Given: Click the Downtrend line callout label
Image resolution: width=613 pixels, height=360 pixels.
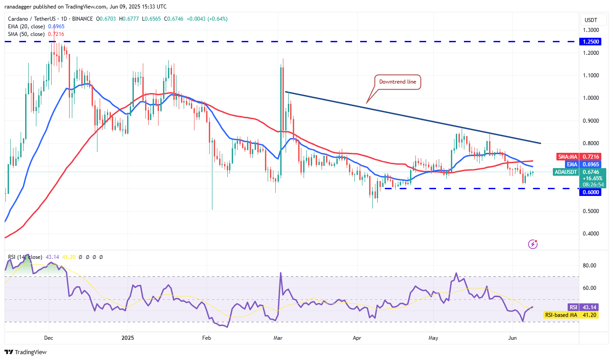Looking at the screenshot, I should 398,82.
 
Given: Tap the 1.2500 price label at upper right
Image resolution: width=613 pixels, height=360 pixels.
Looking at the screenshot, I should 591,41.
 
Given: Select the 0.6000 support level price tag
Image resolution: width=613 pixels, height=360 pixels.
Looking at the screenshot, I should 591,192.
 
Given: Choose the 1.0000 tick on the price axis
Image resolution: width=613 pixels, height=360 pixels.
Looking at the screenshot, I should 591,98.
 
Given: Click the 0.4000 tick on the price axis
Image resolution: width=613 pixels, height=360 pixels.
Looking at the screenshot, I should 591,234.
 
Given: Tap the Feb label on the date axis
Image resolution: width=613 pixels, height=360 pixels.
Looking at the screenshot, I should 206,338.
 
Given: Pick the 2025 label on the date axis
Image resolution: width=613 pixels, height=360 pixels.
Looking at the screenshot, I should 128,338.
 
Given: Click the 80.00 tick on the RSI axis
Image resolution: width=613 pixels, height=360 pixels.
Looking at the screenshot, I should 590,266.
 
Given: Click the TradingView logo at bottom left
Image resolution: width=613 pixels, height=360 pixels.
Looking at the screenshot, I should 26,352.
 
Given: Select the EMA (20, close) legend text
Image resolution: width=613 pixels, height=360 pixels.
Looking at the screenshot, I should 26,27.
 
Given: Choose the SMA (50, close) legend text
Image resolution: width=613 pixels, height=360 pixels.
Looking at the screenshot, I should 26,34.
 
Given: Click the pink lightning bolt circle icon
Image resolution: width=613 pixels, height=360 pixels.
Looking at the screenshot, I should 533,244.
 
